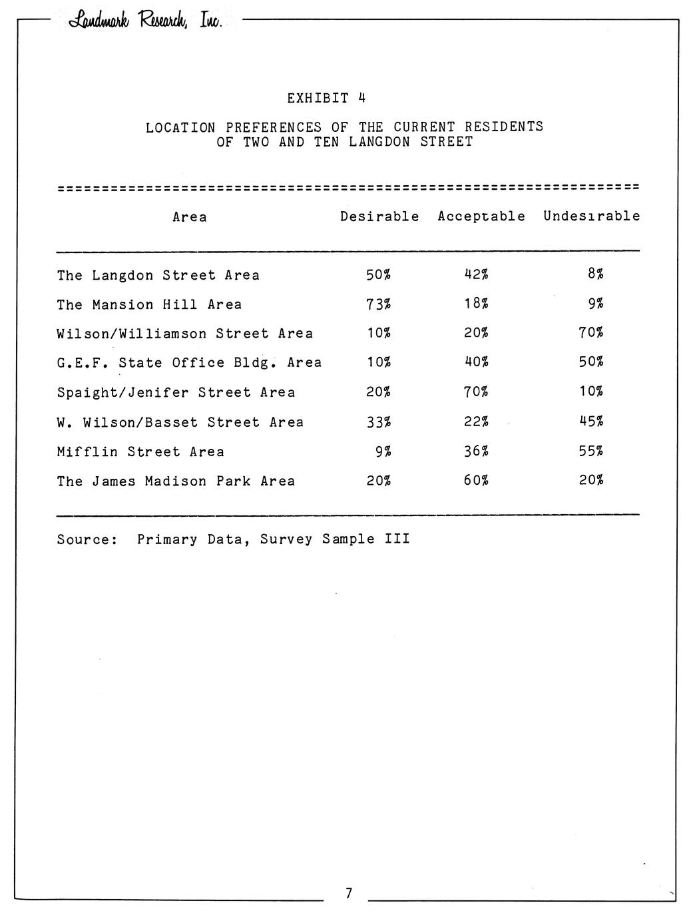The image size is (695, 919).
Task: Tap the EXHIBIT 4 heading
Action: tap(326, 99)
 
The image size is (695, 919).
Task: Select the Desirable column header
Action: tap(379, 216)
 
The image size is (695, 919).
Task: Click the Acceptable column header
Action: tap(481, 216)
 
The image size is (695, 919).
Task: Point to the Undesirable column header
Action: tap(591, 216)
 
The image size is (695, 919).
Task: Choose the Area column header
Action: tap(190, 217)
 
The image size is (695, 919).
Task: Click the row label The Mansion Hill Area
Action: tap(149, 305)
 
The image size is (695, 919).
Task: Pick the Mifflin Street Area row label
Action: tap(140, 452)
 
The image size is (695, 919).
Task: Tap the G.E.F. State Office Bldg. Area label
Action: tap(189, 363)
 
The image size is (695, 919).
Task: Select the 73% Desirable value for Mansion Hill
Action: tap(378, 304)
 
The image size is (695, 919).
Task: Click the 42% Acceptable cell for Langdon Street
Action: tap(476, 274)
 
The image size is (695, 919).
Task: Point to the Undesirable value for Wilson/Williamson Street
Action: tap(591, 333)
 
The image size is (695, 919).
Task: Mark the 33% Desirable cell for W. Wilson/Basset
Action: tap(378, 422)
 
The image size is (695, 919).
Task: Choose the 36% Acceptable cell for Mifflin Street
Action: tap(476, 452)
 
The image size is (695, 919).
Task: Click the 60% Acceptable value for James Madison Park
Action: tap(476, 481)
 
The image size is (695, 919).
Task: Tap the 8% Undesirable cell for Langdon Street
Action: tap(595, 274)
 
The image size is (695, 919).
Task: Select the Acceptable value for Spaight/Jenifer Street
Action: tap(476, 392)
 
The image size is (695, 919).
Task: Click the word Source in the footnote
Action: tap(87, 539)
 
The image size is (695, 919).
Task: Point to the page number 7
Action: tap(348, 894)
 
